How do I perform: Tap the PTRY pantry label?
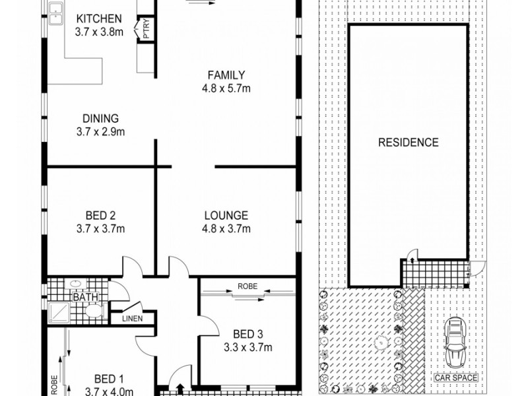click(145, 29)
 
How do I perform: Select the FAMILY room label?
click(226, 75)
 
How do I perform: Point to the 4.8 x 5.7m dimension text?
click(226, 88)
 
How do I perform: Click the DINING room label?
click(100, 119)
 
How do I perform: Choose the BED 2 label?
click(101, 215)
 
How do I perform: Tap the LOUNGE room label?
click(226, 215)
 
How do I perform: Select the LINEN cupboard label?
click(134, 319)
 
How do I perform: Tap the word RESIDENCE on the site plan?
click(408, 142)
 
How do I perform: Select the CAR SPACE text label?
click(455, 379)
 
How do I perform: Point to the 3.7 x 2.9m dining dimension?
click(100, 132)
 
